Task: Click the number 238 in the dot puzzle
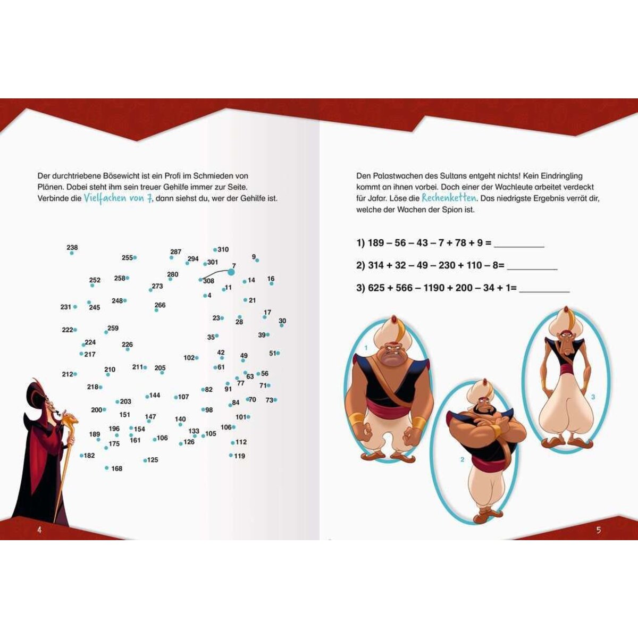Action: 72,247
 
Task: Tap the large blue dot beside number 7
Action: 231,272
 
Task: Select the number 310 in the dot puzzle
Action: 223,249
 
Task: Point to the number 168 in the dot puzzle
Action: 117,468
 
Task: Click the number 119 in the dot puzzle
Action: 239,456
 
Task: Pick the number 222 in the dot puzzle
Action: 67,330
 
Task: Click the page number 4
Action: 39,530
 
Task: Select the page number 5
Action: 598,530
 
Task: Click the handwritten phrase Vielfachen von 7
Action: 118,198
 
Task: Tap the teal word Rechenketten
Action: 449,198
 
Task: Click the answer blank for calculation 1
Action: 519,246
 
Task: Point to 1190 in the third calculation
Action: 433,288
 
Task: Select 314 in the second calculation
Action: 376,265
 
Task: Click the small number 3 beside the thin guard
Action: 593,397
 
